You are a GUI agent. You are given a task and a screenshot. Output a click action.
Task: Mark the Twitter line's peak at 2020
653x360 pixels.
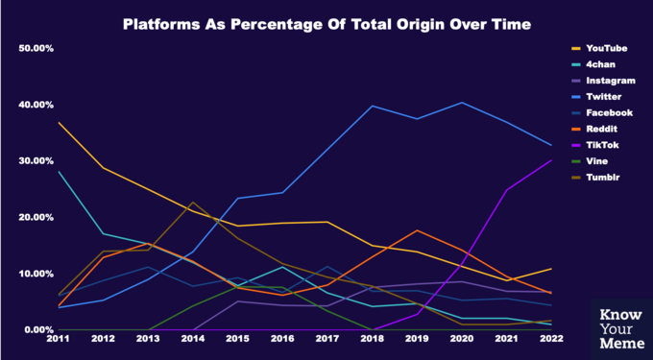point(462,103)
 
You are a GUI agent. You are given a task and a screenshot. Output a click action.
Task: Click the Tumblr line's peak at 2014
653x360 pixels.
point(193,203)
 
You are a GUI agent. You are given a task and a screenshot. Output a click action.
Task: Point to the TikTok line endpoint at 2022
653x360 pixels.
point(551,160)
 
